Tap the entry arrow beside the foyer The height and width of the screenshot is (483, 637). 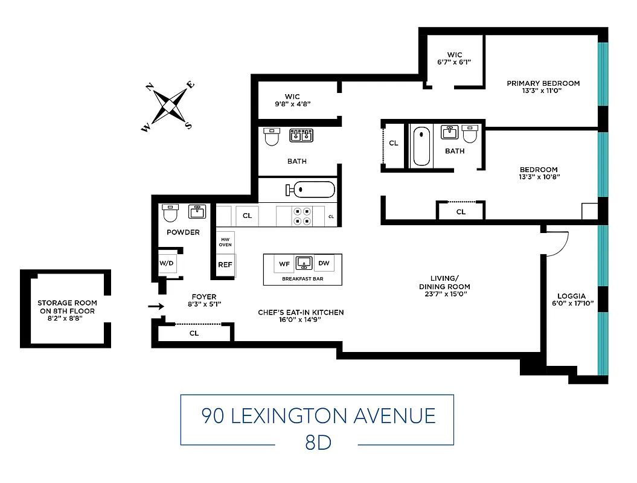coord(156,307)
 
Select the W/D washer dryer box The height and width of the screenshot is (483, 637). coord(166,263)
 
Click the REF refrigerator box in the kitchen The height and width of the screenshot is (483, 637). coord(225,264)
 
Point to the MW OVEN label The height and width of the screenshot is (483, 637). coord(225,241)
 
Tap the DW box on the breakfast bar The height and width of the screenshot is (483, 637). coord(324,263)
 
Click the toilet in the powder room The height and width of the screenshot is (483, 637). coord(171,213)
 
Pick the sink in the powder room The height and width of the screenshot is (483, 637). coord(197,212)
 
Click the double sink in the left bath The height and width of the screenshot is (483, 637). coord(301,135)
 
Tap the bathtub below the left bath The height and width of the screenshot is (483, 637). coord(310,190)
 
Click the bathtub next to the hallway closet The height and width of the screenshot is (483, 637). coord(421,146)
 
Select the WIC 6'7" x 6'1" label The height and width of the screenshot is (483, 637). coord(455,59)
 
